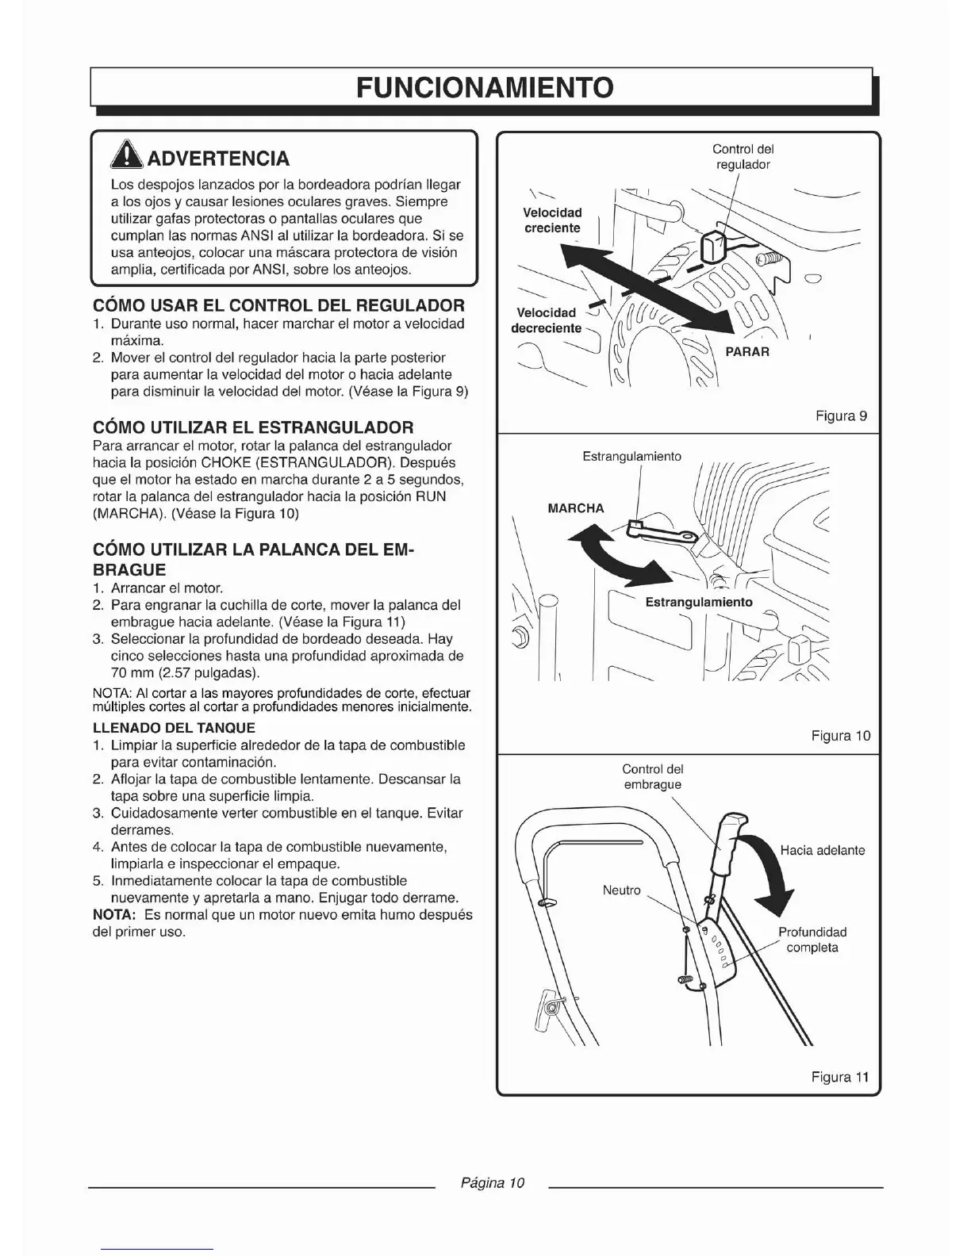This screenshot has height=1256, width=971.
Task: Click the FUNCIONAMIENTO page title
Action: click(x=485, y=86)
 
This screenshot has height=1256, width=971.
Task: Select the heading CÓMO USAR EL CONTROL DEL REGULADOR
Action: click(x=278, y=305)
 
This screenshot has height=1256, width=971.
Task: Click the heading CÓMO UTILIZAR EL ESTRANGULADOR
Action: click(x=253, y=427)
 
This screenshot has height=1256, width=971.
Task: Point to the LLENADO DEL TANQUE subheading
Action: click(x=174, y=727)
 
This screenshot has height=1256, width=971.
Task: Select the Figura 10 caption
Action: click(x=840, y=736)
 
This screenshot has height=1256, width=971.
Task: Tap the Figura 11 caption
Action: click(x=840, y=1077)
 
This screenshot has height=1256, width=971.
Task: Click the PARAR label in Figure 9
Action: click(x=747, y=351)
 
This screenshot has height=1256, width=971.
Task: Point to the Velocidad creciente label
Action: click(x=552, y=220)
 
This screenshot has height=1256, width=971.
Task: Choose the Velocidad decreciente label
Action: click(x=546, y=320)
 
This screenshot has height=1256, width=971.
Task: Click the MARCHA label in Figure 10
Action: click(x=576, y=508)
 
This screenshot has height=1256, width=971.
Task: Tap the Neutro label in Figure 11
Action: click(x=621, y=890)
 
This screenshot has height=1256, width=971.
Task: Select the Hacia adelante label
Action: click(x=822, y=850)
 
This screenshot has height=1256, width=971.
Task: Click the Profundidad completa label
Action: click(x=812, y=940)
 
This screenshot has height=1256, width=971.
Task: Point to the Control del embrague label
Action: click(x=652, y=776)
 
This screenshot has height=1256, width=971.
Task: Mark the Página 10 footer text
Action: click(x=493, y=1183)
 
